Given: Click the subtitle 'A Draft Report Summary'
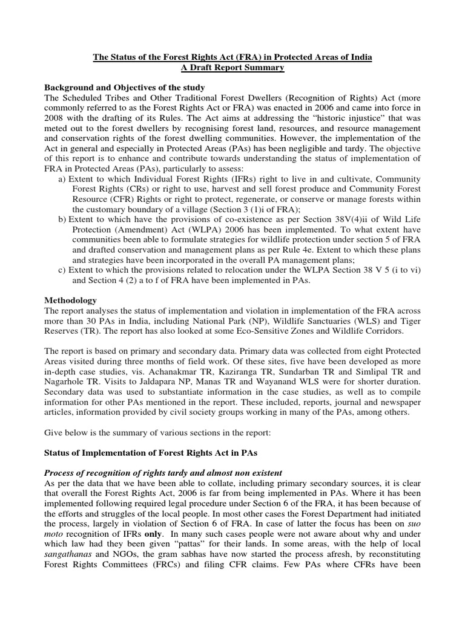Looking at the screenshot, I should click(x=232, y=68).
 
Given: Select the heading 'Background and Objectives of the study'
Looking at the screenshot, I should click(x=125, y=88).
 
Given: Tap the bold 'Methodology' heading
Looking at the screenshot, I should click(x=71, y=300).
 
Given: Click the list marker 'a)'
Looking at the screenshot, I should click(x=62, y=180).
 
